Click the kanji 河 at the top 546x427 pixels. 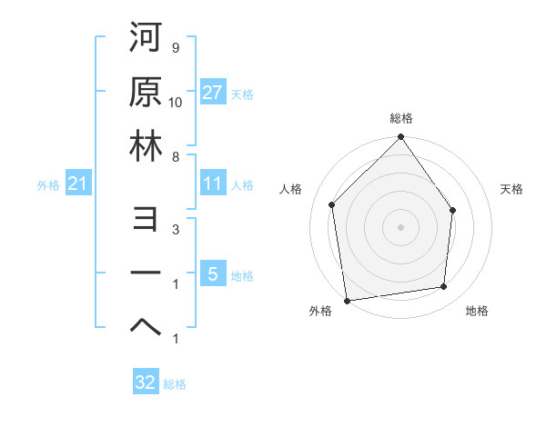[145, 41]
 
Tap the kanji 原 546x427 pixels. [145, 94]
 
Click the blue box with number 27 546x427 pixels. [212, 93]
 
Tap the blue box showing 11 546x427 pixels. [212, 184]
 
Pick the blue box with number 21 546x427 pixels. [78, 184]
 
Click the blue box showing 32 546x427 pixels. [146, 382]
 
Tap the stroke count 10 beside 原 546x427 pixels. [176, 101]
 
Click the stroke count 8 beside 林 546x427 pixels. [175, 157]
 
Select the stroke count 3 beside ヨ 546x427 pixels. [175, 231]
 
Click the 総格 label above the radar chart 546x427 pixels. [401, 119]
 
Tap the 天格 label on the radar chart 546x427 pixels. [511, 189]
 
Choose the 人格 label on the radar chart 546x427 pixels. [291, 189]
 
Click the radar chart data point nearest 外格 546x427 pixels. [347, 300]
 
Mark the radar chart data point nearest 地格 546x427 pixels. [444, 287]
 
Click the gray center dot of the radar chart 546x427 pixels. [400, 226]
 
